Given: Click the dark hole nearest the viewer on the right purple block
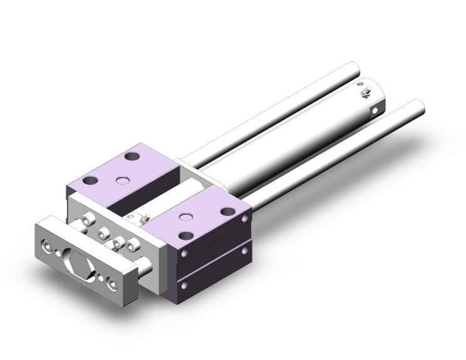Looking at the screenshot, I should pyautogui.click(x=186, y=237).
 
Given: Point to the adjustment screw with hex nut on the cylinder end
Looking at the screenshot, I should pyautogui.click(x=365, y=94).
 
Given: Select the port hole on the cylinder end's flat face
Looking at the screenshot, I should pyautogui.click(x=375, y=111).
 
